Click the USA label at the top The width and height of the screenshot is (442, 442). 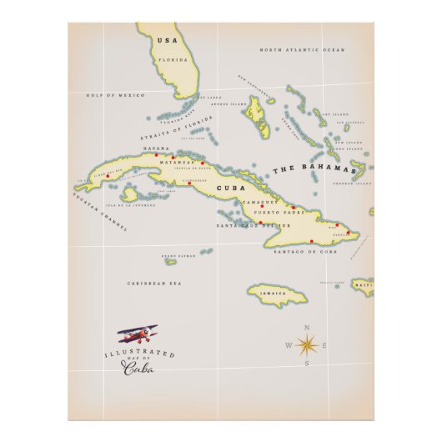pyautogui.click(x=168, y=41)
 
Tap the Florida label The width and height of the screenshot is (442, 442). pyautogui.click(x=173, y=60)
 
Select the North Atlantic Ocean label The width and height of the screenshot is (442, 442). pyautogui.click(x=301, y=51)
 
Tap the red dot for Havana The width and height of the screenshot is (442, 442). pyautogui.click(x=155, y=157)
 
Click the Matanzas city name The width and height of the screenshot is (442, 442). pyautogui.click(x=188, y=162)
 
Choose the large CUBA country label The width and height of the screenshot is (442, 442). pyautogui.click(x=229, y=188)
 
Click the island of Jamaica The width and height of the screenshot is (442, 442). pyautogui.click(x=276, y=294)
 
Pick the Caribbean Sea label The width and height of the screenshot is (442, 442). pyautogui.click(x=154, y=284)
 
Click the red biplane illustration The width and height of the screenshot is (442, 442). pyautogui.click(x=136, y=335)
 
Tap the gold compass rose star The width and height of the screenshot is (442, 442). pyautogui.click(x=306, y=344)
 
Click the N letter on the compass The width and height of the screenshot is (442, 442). pyautogui.click(x=306, y=328)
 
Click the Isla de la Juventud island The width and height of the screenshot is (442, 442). pyautogui.click(x=129, y=194)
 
